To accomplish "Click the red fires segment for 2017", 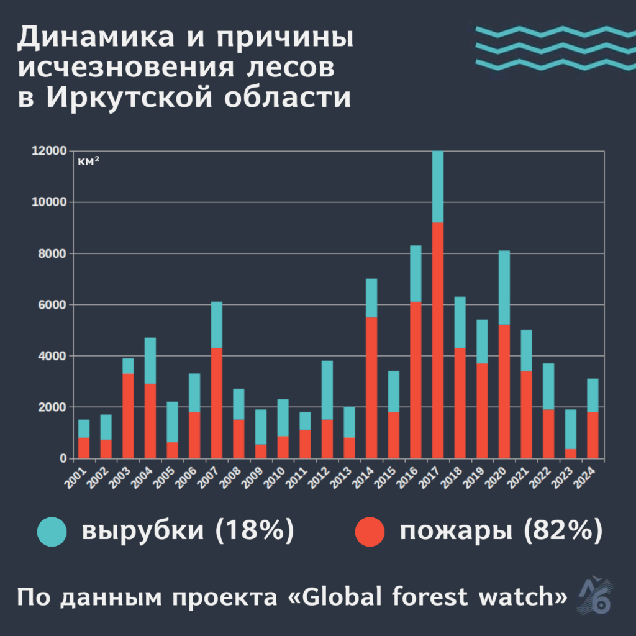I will click(x=438, y=340).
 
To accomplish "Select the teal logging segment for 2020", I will click(x=504, y=288).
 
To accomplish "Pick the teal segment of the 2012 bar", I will click(x=327, y=390).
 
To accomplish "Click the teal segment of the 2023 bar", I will click(x=571, y=429).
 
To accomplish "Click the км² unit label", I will click(x=89, y=162).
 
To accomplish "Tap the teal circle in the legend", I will click(x=52, y=532).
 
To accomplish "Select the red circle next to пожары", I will click(x=370, y=532).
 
